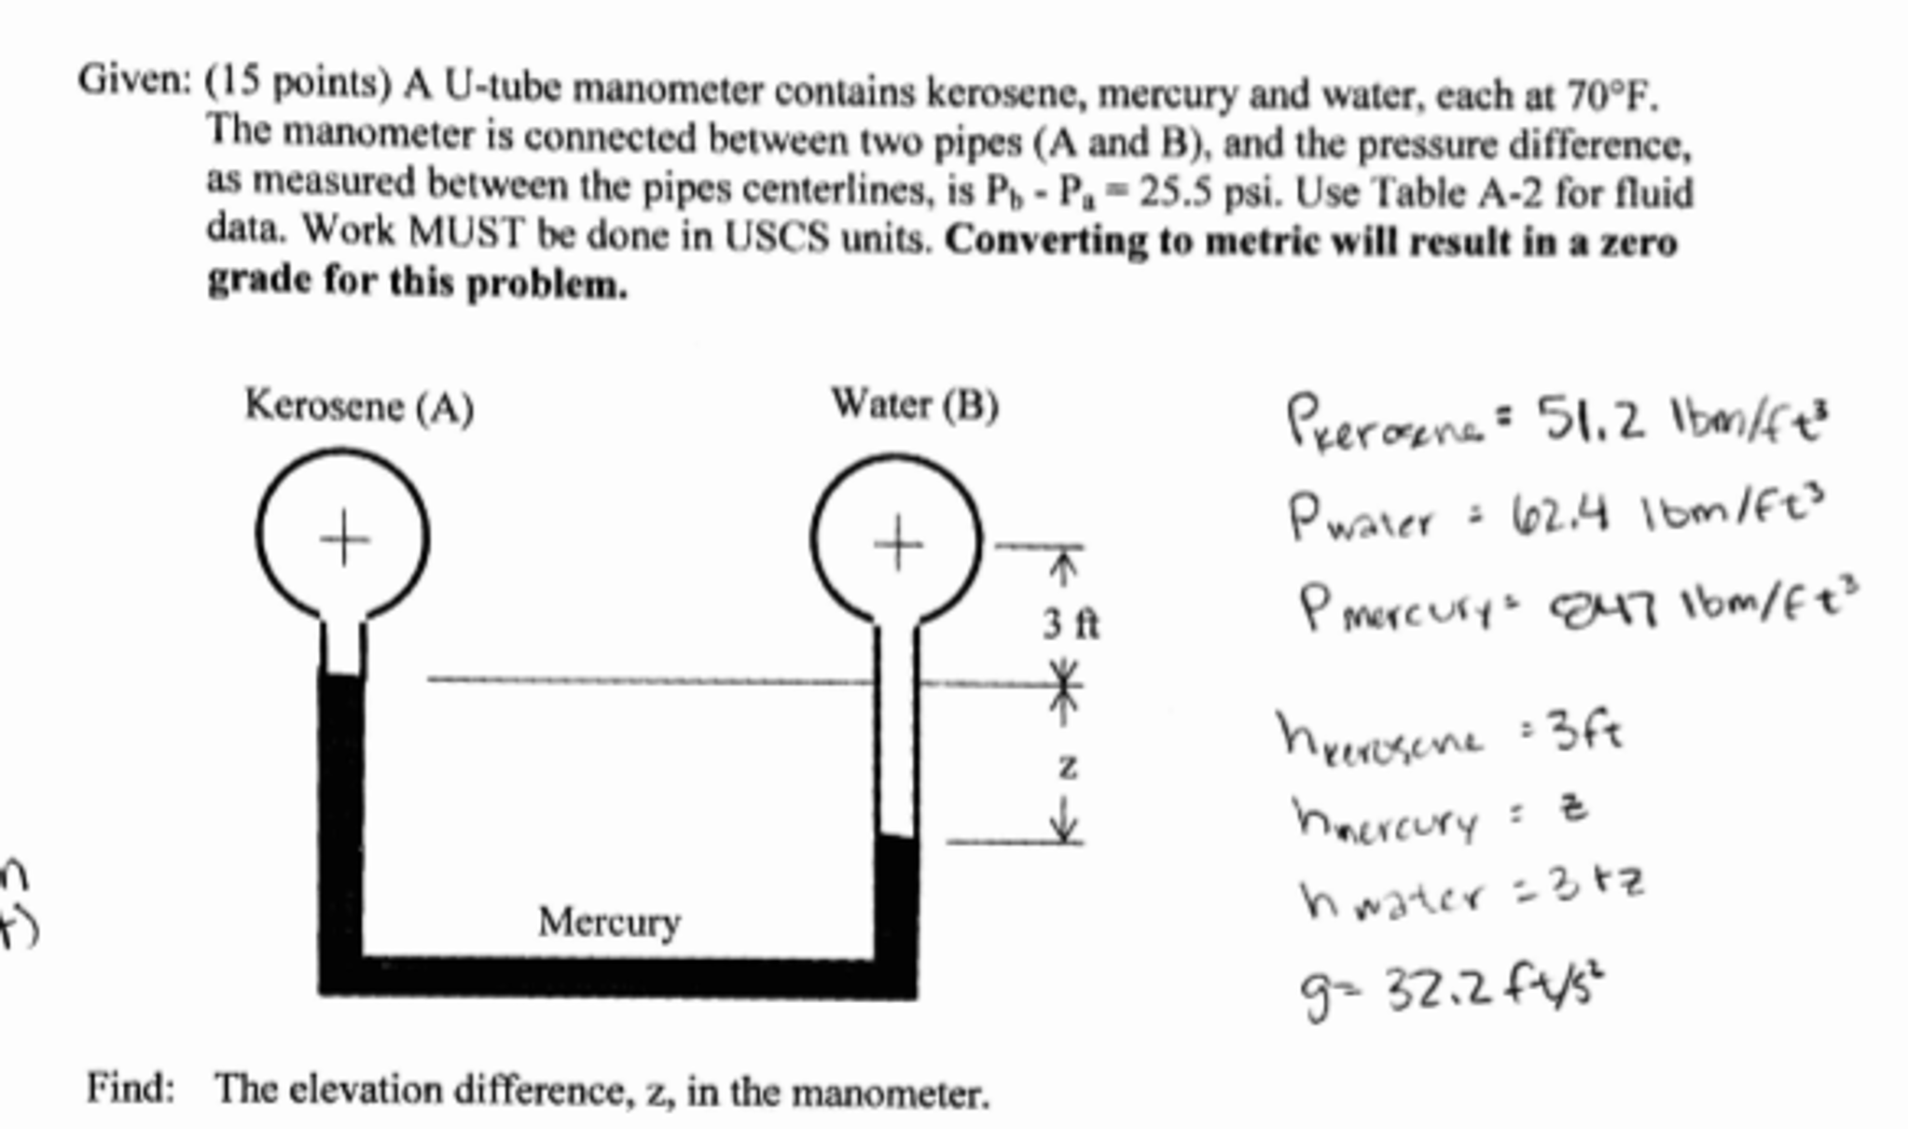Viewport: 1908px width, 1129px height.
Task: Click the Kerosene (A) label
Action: click(x=359, y=407)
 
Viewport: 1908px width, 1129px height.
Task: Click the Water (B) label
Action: click(x=914, y=405)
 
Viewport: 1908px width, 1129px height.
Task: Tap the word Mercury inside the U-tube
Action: click(x=609, y=922)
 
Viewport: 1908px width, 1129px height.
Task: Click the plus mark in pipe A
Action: click(x=344, y=538)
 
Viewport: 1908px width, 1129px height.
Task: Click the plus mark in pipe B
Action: click(x=898, y=542)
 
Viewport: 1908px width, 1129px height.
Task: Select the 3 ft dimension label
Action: click(x=1071, y=623)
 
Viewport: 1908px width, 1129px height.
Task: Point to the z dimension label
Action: click(x=1068, y=767)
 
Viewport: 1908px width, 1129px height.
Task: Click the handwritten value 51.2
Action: click(x=1591, y=420)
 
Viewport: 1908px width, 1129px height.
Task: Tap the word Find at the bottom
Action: click(x=131, y=1088)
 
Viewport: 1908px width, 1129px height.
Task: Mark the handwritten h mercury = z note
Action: click(x=1441, y=815)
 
